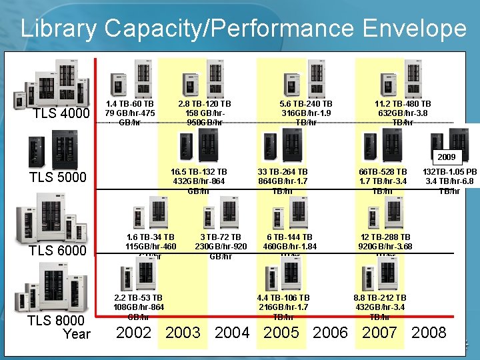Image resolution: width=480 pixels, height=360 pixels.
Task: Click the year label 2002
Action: coord(134,333)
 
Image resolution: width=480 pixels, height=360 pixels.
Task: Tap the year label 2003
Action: coord(183,333)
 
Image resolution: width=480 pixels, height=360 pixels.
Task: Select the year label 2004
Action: coord(232,333)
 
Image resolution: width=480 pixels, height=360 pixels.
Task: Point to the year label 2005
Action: coord(281,333)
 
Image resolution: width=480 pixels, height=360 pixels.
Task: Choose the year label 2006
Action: coord(331,333)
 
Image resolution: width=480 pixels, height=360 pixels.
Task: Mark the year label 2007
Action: coord(379,333)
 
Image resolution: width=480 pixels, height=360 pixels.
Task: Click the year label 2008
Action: coord(429,333)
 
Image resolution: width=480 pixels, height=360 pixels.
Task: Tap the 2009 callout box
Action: coord(445,157)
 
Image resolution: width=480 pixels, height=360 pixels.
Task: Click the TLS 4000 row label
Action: coord(61,115)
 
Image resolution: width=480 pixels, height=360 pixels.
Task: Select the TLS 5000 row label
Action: coord(58,177)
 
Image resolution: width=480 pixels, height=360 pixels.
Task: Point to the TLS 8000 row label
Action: coord(57,321)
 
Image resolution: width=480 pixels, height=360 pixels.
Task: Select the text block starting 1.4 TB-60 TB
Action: coord(130,113)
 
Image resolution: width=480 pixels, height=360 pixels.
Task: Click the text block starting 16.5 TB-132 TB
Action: coord(199,181)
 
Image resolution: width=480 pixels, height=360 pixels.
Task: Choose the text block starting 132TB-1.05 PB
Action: coord(449,181)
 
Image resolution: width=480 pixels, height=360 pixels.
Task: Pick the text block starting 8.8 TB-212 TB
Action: coord(379,307)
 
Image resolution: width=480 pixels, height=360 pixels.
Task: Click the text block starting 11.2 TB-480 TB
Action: coord(403,113)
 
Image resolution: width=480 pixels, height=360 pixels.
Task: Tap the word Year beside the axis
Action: coord(76,333)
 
